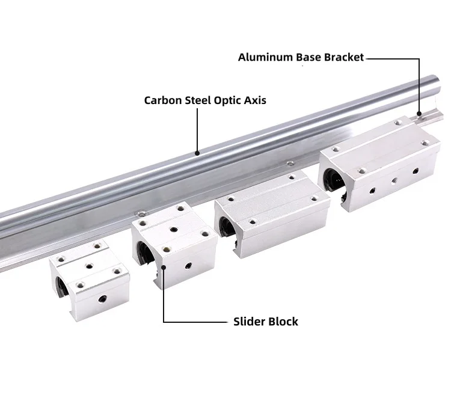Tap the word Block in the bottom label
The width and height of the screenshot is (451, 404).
pyautogui.click(x=284, y=322)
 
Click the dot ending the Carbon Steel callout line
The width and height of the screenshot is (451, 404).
pyautogui.click(x=197, y=153)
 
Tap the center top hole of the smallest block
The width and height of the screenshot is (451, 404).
pyautogui.click(x=88, y=263)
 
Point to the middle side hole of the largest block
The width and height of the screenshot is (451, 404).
pyautogui.click(x=394, y=180)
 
